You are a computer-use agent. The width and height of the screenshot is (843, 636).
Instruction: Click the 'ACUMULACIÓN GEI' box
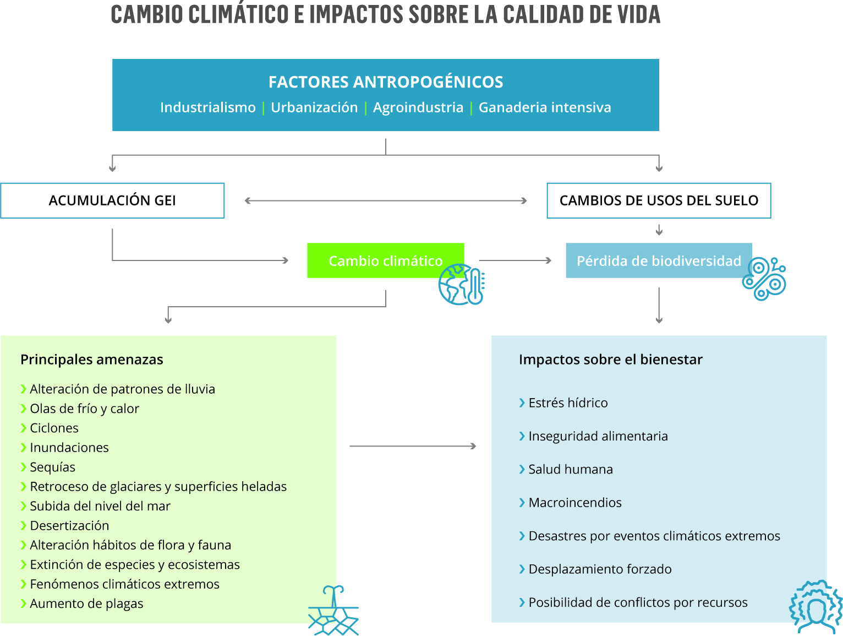[112, 200]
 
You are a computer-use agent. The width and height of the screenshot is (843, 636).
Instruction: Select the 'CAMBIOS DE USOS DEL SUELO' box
[659, 200]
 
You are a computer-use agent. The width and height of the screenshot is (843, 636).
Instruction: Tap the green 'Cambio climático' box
[385, 260]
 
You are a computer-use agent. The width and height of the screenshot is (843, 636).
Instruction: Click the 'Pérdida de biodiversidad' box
[659, 260]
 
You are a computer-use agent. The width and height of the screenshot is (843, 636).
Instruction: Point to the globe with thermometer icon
[461, 284]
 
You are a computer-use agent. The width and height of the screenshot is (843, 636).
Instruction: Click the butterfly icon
[764, 279]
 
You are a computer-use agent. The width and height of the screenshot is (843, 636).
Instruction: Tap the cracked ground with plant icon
[333, 610]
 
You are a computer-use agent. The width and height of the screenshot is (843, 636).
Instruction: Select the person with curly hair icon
[815, 607]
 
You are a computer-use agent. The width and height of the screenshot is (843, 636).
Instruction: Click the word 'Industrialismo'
[208, 107]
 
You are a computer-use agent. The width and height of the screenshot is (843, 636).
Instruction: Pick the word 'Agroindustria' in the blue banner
[418, 107]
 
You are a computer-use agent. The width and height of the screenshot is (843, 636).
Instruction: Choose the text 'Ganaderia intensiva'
[545, 107]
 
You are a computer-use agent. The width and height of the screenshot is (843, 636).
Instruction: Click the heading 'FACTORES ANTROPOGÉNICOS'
[386, 82]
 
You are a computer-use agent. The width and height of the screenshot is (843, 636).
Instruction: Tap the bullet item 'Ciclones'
[50, 428]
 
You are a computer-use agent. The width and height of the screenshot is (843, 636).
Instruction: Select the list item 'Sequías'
[48, 467]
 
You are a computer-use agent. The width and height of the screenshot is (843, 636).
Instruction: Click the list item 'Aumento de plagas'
[82, 604]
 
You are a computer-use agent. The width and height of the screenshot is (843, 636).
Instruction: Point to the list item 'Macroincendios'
[570, 502]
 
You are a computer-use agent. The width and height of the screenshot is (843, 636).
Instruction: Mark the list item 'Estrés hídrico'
[563, 403]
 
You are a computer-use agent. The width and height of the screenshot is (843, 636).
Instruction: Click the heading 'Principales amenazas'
[92, 360]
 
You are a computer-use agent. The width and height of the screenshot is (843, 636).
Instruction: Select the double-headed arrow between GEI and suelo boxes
[386, 200]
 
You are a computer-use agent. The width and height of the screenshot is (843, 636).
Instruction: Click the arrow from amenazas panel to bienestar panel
[413, 446]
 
